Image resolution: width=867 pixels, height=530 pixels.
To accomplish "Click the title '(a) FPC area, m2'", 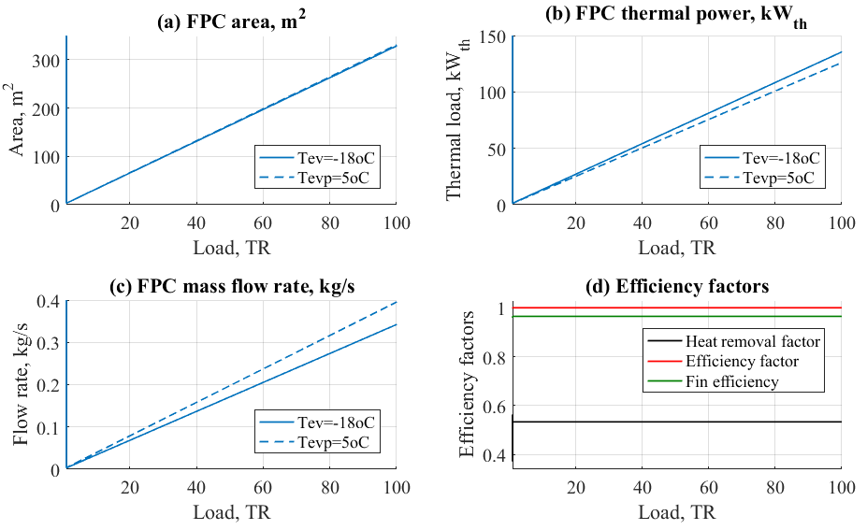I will click(x=230, y=21).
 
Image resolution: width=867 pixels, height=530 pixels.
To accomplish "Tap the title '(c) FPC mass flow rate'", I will click(x=230, y=287).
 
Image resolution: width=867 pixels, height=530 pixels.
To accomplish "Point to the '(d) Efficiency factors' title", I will click(x=676, y=287).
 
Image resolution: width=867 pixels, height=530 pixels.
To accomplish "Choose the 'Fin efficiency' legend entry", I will click(x=733, y=380).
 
